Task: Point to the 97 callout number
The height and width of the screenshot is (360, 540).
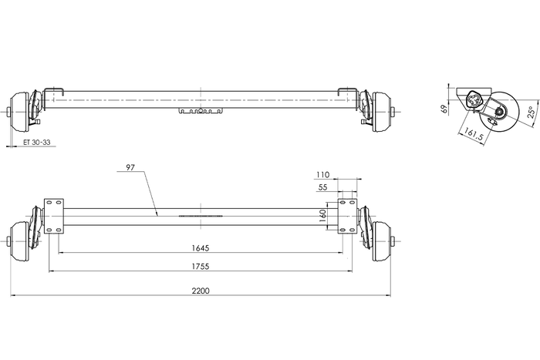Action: pyautogui.click(x=129, y=167)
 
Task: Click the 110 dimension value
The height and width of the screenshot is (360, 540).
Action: pyautogui.click(x=322, y=175)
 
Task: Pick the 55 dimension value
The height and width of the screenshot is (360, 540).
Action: pyautogui.click(x=322, y=187)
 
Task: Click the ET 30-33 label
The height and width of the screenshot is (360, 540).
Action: pyautogui.click(x=37, y=143)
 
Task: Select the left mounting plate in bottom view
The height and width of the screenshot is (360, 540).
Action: pyautogui.click(x=53, y=217)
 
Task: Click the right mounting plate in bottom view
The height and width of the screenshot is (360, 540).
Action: pyautogui.click(x=348, y=217)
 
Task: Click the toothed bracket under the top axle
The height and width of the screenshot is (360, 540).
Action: pyautogui.click(x=200, y=113)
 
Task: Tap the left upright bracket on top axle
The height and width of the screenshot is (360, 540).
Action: pyautogui.click(x=50, y=96)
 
